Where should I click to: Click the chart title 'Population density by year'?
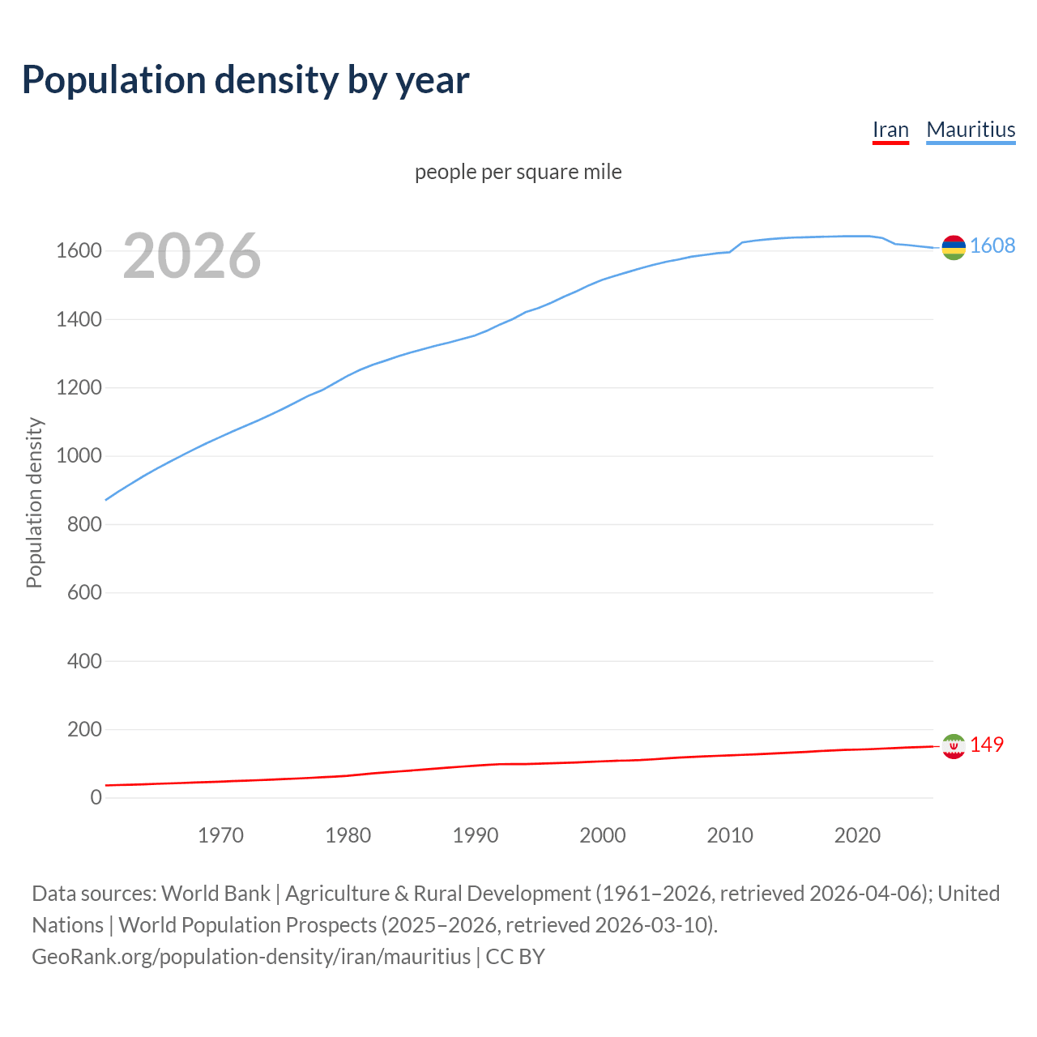point(245,80)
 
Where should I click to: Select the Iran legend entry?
point(890,130)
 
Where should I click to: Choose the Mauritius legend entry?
point(971,130)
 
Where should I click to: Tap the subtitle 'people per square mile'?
point(518,172)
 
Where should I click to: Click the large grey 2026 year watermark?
point(192,256)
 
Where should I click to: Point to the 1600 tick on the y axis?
point(79,251)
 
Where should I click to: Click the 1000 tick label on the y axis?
point(79,456)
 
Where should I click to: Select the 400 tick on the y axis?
point(84,661)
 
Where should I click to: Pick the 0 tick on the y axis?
point(96,798)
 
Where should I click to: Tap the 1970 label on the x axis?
point(220,835)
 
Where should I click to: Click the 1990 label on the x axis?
point(476,835)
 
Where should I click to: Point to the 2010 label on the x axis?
point(730,835)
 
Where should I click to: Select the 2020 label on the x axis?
point(857,835)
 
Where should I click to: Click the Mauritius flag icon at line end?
point(954,247)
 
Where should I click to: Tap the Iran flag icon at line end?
point(954,745)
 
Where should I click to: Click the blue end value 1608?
point(992,245)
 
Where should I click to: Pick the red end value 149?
point(987,745)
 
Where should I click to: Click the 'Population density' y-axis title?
point(34,502)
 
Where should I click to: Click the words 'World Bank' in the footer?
point(216,894)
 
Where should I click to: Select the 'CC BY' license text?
point(515,957)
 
